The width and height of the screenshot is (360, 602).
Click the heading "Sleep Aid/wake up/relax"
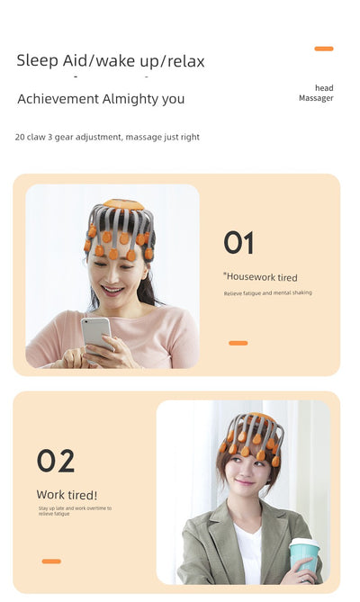click(111, 61)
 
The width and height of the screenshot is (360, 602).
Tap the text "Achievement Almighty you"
click(101, 99)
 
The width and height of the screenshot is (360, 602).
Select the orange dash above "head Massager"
click(324, 49)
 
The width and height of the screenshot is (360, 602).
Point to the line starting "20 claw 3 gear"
click(107, 137)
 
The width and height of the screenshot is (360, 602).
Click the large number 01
click(238, 243)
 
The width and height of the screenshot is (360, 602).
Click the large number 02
click(56, 462)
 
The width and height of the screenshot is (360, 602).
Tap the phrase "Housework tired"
click(261, 277)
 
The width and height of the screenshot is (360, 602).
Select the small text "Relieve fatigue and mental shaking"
click(267, 293)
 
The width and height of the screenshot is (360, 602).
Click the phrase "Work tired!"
click(67, 494)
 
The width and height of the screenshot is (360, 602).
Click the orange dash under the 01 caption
click(238, 343)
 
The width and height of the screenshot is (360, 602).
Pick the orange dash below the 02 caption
click(51, 562)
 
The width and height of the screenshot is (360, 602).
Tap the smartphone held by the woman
click(95, 334)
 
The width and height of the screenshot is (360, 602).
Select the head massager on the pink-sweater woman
click(121, 230)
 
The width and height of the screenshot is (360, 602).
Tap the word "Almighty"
click(130, 99)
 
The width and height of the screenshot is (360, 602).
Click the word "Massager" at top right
click(316, 98)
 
